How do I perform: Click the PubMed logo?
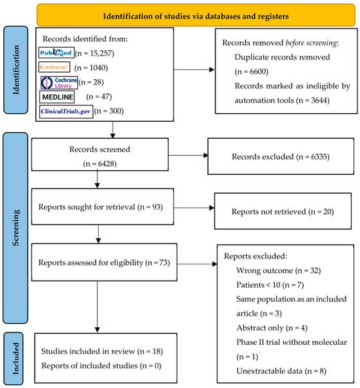(x=56, y=53)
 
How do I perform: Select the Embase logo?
(x=54, y=67)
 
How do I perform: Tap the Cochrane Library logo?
(x=59, y=82)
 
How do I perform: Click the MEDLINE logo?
(x=57, y=97)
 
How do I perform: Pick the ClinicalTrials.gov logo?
(x=66, y=112)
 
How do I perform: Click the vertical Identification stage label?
(x=16, y=70)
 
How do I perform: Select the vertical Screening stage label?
(x=16, y=228)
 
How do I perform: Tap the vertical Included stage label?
(x=16, y=359)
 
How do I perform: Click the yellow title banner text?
(x=196, y=16)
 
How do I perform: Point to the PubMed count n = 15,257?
(x=94, y=53)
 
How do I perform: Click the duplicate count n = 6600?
(x=251, y=71)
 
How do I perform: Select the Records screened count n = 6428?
(x=99, y=164)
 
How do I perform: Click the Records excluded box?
(x=281, y=156)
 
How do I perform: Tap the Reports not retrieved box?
(x=283, y=211)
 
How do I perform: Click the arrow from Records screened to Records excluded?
(x=188, y=156)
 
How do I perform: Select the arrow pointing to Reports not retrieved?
(x=194, y=208)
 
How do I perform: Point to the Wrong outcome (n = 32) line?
(x=279, y=270)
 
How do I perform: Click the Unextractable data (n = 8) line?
(x=281, y=371)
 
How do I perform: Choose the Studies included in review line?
(x=102, y=351)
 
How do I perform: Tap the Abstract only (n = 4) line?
(x=272, y=328)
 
